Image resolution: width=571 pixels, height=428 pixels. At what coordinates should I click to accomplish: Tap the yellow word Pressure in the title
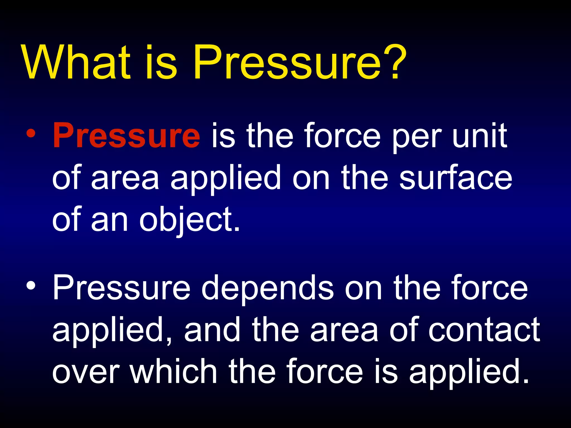tap(287, 63)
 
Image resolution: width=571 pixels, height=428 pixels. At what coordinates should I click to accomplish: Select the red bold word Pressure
tap(126, 136)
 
